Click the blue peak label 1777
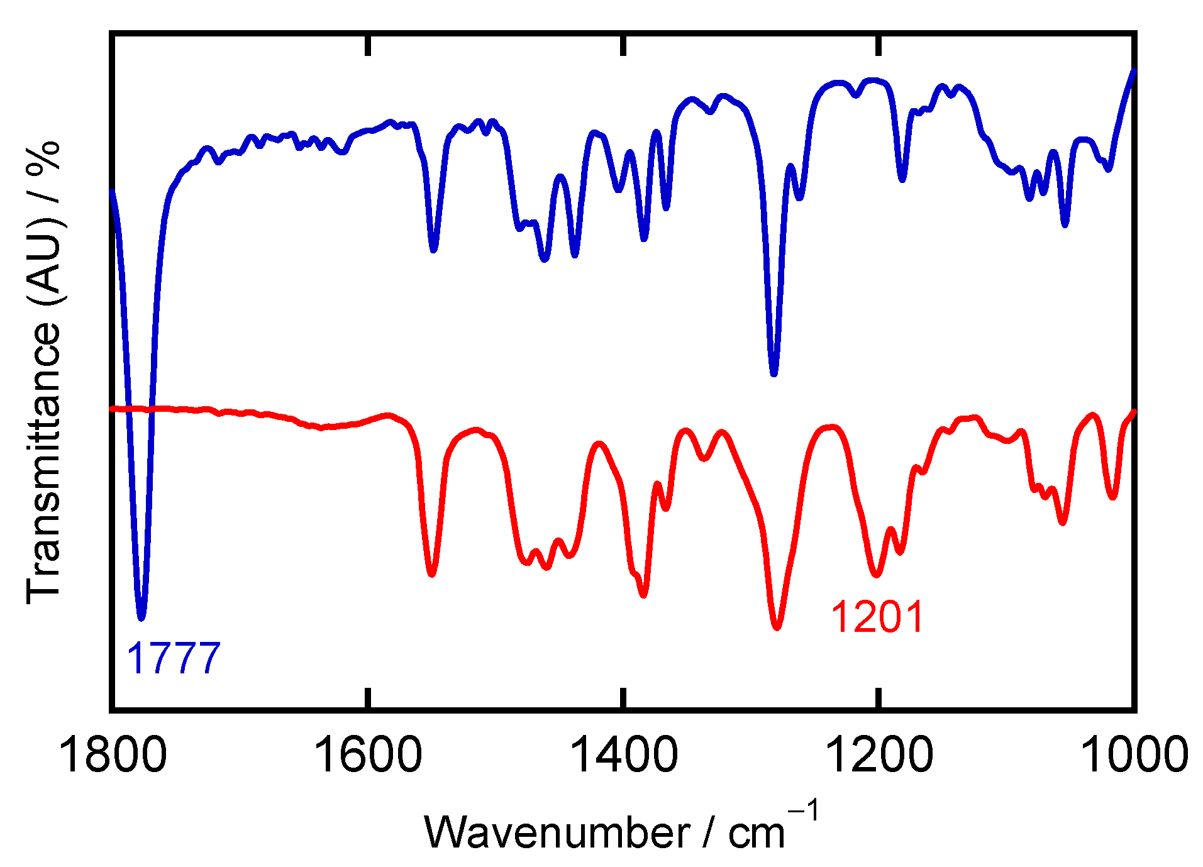click(x=174, y=658)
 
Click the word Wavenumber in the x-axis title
click(x=557, y=832)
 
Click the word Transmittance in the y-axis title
click(x=44, y=462)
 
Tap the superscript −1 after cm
click(x=805, y=812)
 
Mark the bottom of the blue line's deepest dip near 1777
click(x=141, y=617)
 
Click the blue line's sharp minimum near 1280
click(x=773, y=373)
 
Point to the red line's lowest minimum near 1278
click(x=777, y=627)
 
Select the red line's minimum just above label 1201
click(x=876, y=575)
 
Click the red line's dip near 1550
click(x=431, y=574)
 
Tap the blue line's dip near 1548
click(x=433, y=250)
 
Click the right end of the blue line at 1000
click(x=1134, y=71)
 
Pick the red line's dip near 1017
click(x=1112, y=497)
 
